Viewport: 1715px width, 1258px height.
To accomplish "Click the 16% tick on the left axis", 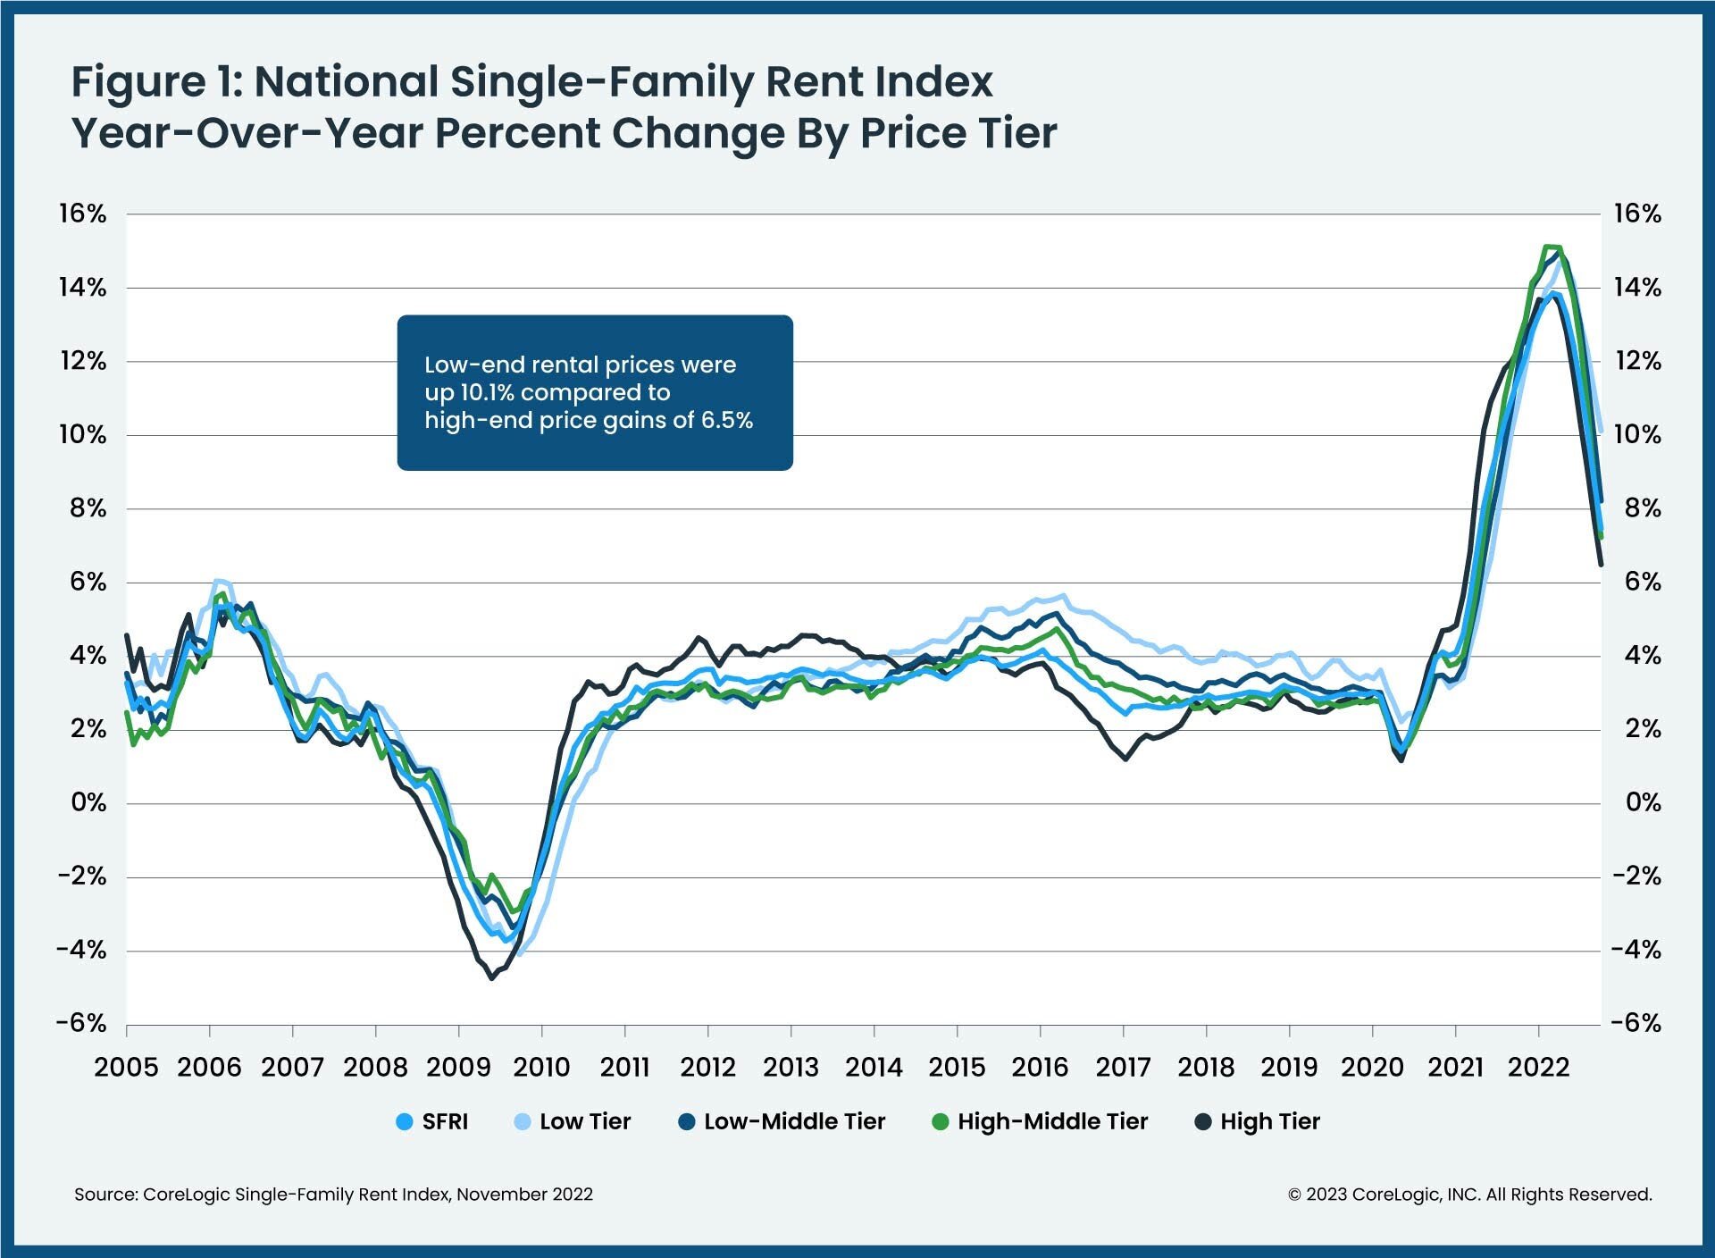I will click(x=82, y=214).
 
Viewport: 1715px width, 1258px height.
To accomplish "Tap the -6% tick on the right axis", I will click(x=1636, y=1023).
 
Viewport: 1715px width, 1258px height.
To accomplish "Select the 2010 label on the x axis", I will click(x=541, y=1067).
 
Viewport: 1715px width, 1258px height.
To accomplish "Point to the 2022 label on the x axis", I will click(x=1539, y=1067).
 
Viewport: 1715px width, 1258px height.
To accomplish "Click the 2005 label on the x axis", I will click(x=126, y=1067).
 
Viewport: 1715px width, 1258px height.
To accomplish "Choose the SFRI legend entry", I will click(x=432, y=1122).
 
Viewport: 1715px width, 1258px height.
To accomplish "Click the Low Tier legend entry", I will click(x=573, y=1122).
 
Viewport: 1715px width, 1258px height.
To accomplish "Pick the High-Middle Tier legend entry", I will click(x=1041, y=1122).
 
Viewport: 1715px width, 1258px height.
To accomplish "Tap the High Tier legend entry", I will click(x=1258, y=1122).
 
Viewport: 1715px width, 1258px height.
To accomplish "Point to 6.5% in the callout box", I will click(x=726, y=420).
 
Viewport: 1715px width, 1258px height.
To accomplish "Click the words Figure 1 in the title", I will click(x=155, y=82).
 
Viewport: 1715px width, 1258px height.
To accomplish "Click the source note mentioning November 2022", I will click(x=333, y=1195).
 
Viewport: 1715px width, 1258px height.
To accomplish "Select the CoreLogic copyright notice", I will click(x=1469, y=1195).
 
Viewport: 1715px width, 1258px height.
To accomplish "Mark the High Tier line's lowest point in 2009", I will click(x=491, y=978).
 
